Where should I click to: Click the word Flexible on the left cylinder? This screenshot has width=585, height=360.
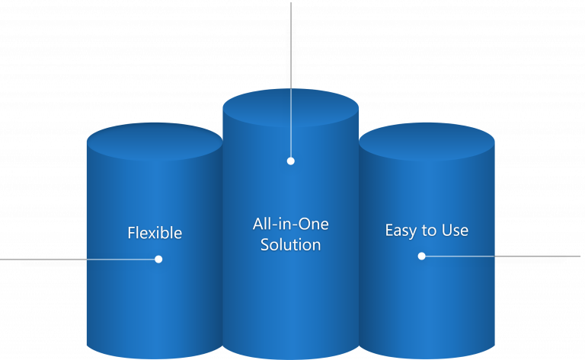pos(155,233)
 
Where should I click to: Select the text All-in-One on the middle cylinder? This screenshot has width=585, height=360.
pos(290,225)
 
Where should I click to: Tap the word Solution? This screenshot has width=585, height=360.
pos(290,245)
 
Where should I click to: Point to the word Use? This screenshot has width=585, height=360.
pos(455,230)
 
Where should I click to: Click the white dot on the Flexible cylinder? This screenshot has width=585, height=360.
pos(158,259)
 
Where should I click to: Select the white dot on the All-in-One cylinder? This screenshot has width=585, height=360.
pos(290,161)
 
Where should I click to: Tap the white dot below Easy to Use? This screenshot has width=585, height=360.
pos(421,256)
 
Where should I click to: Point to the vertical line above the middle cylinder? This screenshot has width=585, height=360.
pos(290,46)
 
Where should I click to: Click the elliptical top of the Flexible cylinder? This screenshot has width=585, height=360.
pos(154,142)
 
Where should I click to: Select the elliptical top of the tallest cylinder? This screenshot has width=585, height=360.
pos(290,107)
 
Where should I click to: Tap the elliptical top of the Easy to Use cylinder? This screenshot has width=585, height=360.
pos(427,142)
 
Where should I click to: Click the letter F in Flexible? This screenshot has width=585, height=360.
pos(131,233)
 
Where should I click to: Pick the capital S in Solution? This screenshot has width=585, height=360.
pos(264,245)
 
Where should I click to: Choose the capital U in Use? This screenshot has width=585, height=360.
pos(446,230)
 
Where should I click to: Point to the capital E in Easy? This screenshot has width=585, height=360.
pos(389,230)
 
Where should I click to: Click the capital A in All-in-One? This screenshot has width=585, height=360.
pos(257,225)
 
